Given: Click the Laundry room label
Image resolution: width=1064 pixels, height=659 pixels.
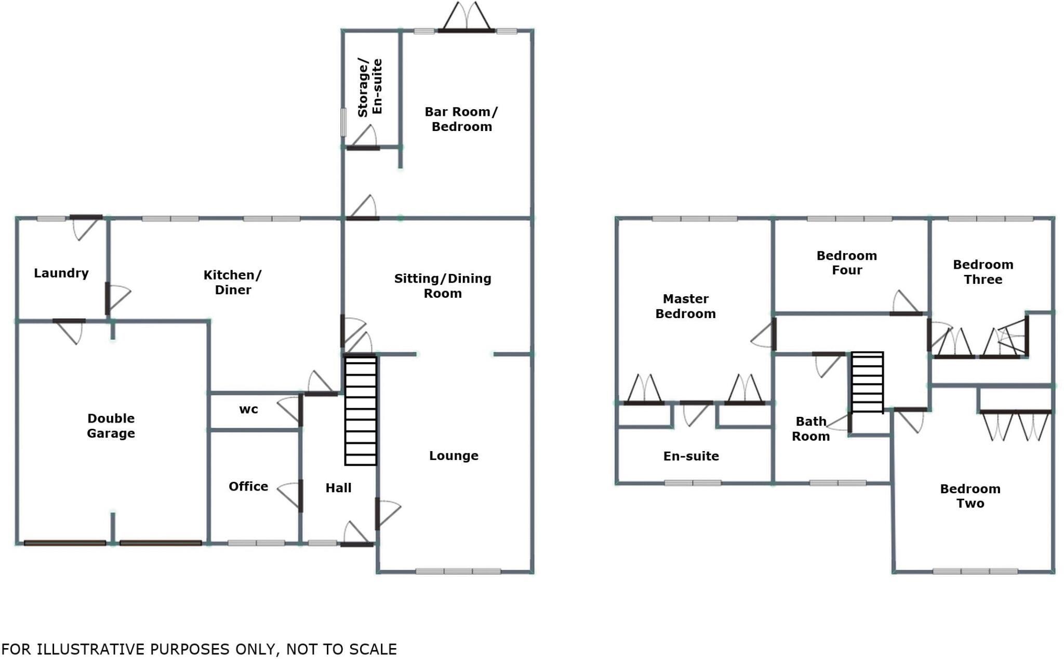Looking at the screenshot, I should [61, 273].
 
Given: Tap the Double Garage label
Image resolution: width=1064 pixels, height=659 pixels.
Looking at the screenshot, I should [111, 426].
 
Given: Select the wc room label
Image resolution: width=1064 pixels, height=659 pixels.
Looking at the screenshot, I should [248, 410].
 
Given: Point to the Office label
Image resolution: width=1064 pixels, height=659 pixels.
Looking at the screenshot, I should [248, 486].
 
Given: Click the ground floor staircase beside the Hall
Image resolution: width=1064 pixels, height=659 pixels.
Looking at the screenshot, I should [361, 410].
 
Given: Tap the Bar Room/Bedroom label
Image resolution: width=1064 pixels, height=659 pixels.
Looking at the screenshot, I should [461, 119].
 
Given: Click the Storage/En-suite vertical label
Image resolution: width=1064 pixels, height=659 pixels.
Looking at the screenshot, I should [370, 87].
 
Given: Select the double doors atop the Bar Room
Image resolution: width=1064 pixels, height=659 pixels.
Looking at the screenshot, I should [466, 18].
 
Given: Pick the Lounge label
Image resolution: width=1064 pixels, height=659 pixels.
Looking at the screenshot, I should [454, 456].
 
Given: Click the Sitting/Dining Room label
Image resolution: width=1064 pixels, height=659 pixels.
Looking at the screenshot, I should [443, 286].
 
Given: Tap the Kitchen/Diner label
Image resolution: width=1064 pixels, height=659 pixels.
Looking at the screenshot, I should [232, 282].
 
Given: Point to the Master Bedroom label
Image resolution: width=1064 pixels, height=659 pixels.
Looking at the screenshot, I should [685, 306].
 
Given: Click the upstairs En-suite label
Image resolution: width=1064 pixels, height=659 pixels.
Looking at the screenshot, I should [691, 456].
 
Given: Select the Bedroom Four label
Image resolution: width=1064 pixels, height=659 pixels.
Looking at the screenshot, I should [846, 262].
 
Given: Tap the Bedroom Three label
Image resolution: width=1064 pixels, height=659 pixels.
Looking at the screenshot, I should [982, 272].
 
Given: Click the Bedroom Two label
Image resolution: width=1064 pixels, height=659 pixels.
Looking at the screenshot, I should [970, 496].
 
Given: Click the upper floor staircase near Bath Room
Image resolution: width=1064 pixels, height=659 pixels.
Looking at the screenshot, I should [867, 383].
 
